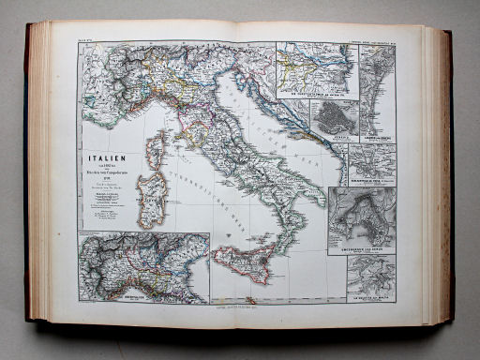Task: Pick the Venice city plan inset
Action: point(327,118)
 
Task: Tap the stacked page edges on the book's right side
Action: point(440,178)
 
